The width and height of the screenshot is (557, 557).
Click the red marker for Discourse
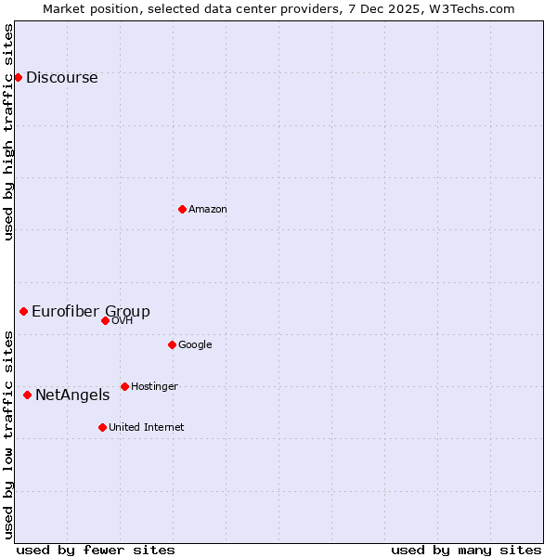[x=18, y=77]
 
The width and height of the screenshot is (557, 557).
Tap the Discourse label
[x=61, y=78]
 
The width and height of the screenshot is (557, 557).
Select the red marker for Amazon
[x=182, y=209]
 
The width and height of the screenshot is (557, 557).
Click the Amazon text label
[x=208, y=210]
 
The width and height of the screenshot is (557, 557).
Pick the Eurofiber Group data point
[x=23, y=311]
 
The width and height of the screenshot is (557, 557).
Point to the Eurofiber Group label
[x=91, y=312]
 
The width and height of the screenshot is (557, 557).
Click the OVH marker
[x=105, y=320]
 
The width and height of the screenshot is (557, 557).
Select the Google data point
[x=172, y=344]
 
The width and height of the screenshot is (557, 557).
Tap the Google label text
[x=195, y=345]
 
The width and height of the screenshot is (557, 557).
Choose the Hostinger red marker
[x=124, y=386]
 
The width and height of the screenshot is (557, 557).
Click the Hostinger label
[x=154, y=387]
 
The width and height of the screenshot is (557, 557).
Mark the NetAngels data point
[x=27, y=395]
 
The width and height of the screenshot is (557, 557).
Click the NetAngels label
[x=72, y=395]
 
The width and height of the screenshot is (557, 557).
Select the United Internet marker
[x=102, y=427]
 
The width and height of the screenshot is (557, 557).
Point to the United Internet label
[x=147, y=428]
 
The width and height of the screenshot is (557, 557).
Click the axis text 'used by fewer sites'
[x=96, y=550]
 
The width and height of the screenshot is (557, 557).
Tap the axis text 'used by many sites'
[x=466, y=550]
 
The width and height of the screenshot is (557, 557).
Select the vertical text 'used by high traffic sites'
[x=9, y=132]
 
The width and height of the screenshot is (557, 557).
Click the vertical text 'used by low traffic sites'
[x=9, y=434]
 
